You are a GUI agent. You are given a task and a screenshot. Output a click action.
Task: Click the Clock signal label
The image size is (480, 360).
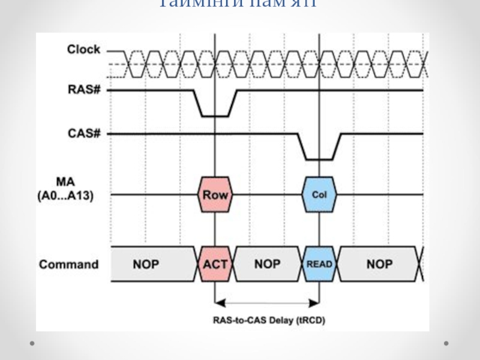click(x=83, y=50)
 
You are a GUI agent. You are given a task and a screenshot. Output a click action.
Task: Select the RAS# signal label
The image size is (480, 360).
click(x=84, y=91)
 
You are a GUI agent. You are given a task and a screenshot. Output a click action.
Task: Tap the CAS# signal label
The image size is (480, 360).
click(x=84, y=133)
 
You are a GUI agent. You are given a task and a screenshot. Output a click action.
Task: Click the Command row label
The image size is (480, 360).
click(x=68, y=264)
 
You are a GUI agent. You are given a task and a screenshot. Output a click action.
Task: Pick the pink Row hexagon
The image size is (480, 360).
click(x=214, y=194)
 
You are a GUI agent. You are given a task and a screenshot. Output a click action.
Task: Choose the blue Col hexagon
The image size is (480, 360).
click(x=319, y=194)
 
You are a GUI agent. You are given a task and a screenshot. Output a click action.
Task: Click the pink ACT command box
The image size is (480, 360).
click(x=215, y=264)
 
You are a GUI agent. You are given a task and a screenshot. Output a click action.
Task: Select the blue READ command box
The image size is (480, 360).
click(x=319, y=264)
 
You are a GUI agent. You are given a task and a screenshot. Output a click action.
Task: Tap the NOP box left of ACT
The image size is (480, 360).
click(x=146, y=264)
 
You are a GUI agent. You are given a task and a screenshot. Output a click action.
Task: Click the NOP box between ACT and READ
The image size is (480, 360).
click(x=268, y=264)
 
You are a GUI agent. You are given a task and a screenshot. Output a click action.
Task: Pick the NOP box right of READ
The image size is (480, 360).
click(x=379, y=264)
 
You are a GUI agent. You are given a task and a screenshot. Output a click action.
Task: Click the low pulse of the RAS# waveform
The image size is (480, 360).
click(x=214, y=115)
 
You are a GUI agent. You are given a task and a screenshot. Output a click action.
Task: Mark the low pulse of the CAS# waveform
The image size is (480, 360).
click(x=319, y=159)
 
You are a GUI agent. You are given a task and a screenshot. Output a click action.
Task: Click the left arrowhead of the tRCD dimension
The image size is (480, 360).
click(x=218, y=302)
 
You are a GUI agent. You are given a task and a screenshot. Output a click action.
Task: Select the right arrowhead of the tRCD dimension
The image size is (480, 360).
click(x=316, y=302)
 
